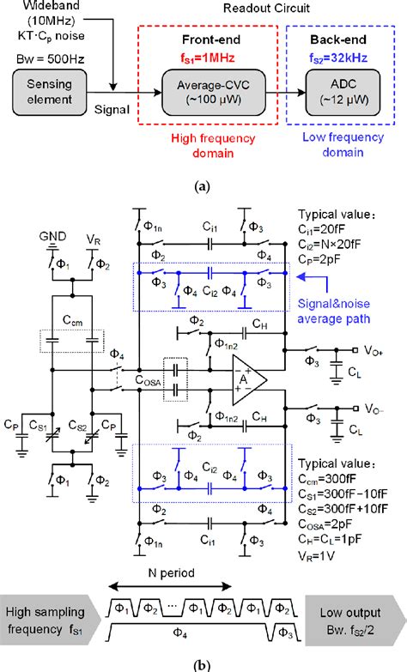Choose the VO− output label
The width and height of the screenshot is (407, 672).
[376, 409]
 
